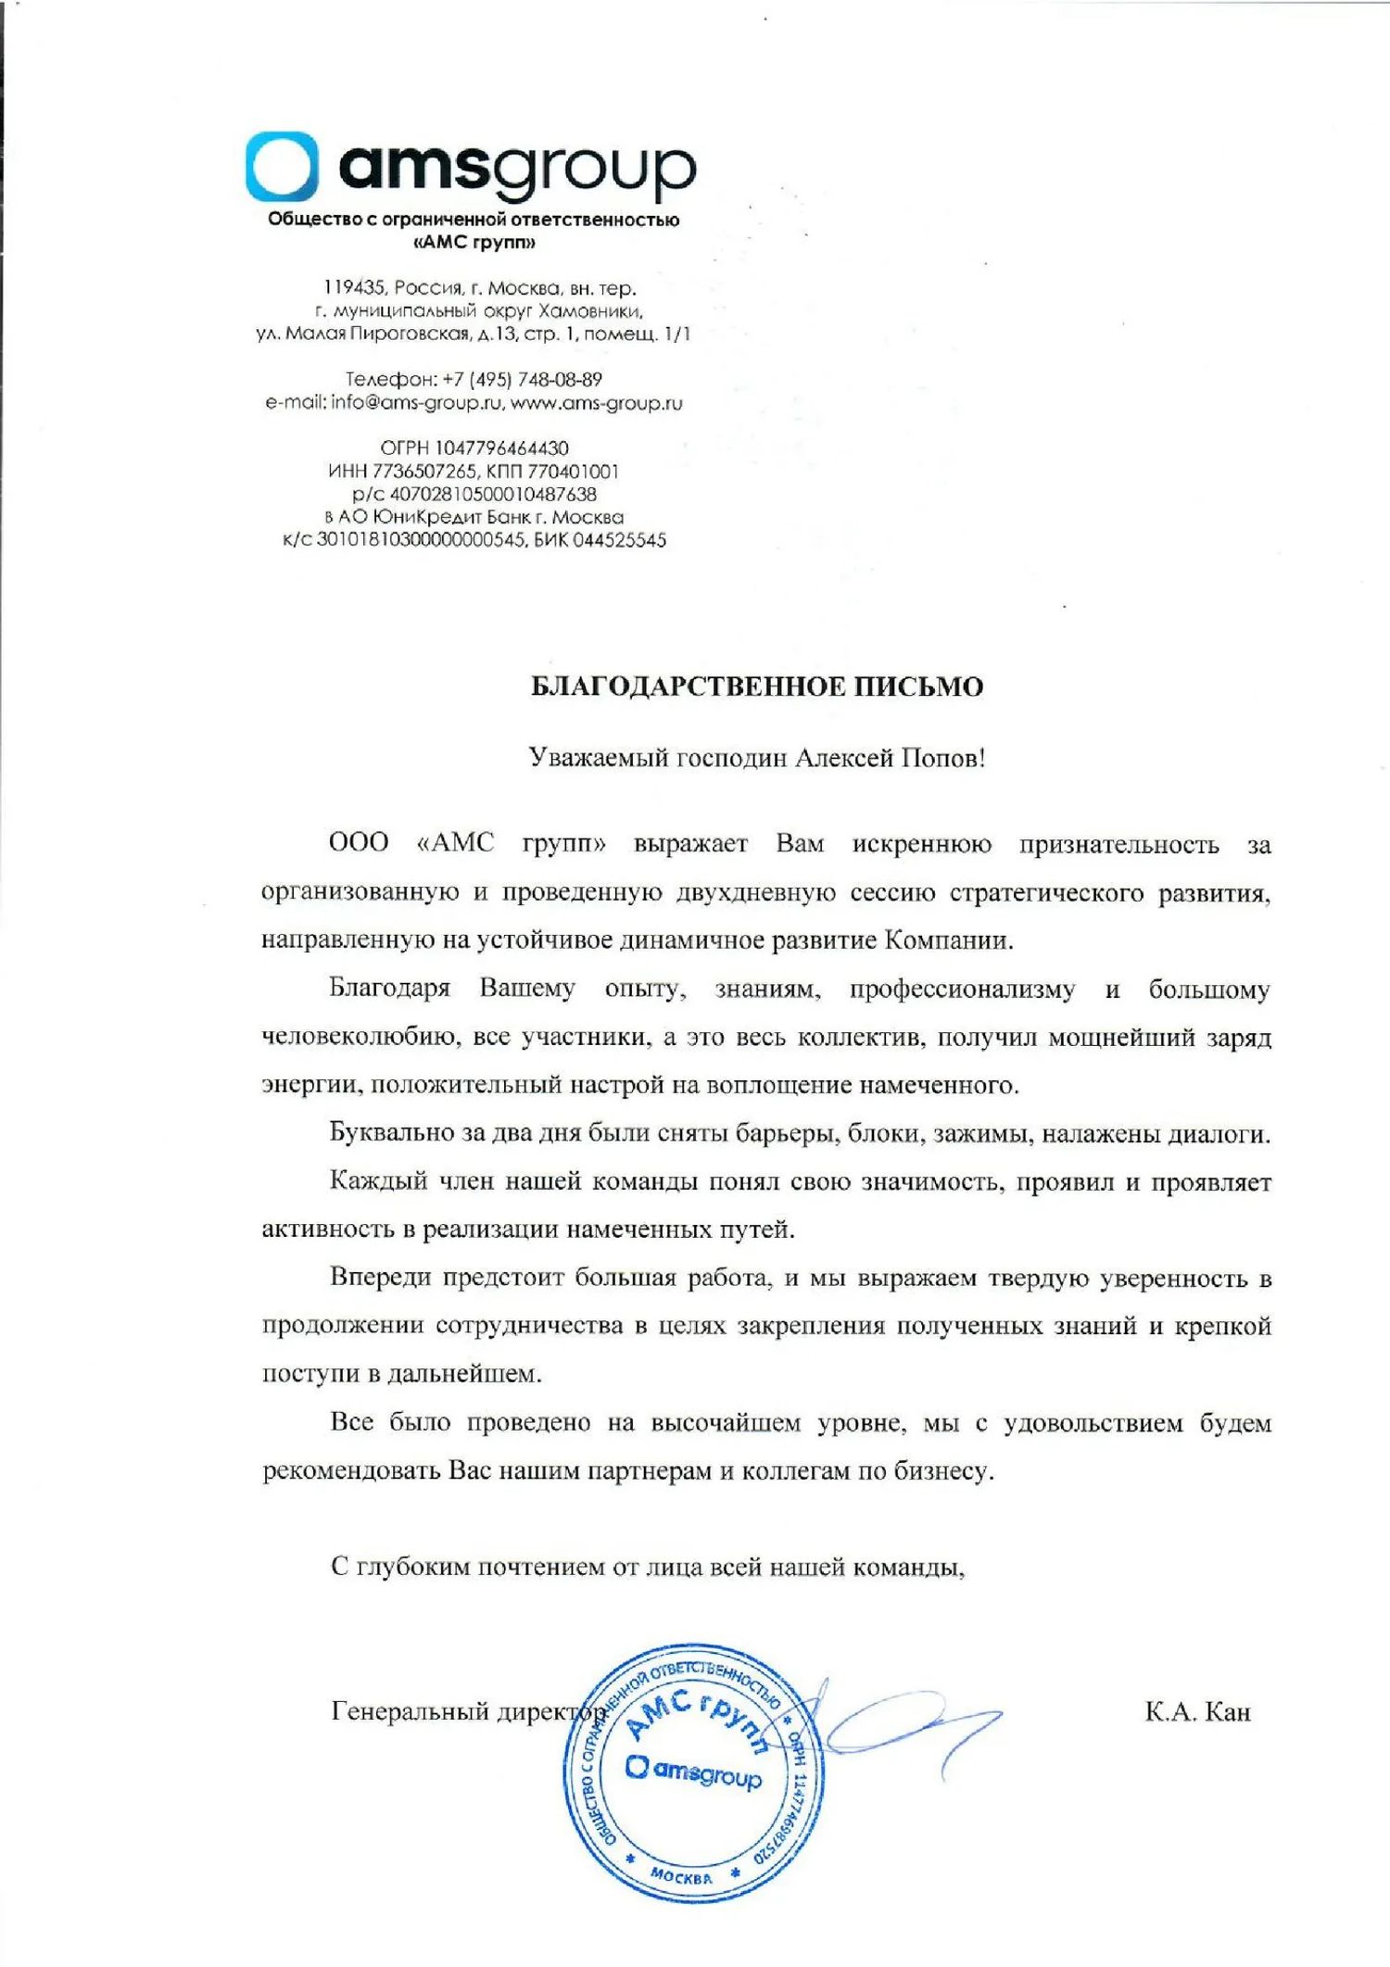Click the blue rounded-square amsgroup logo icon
pyautogui.click(x=282, y=167)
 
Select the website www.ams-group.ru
pyautogui.click(x=596, y=403)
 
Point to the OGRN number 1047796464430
pyautogui.click(x=501, y=448)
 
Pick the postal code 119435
pyautogui.click(x=354, y=288)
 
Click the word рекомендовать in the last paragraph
pyautogui.click(x=351, y=1471)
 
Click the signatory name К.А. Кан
pyautogui.click(x=1197, y=1711)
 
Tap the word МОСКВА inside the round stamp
pyautogui.click(x=681, y=1876)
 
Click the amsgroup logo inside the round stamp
pyautogui.click(x=693, y=1771)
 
